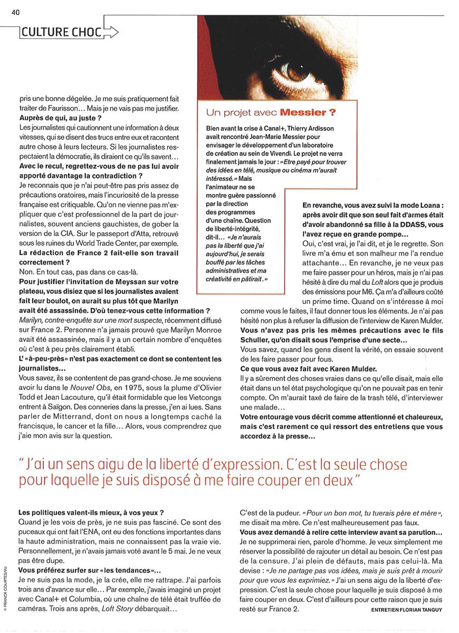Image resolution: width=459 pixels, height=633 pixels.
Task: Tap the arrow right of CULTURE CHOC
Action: [x=110, y=32]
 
